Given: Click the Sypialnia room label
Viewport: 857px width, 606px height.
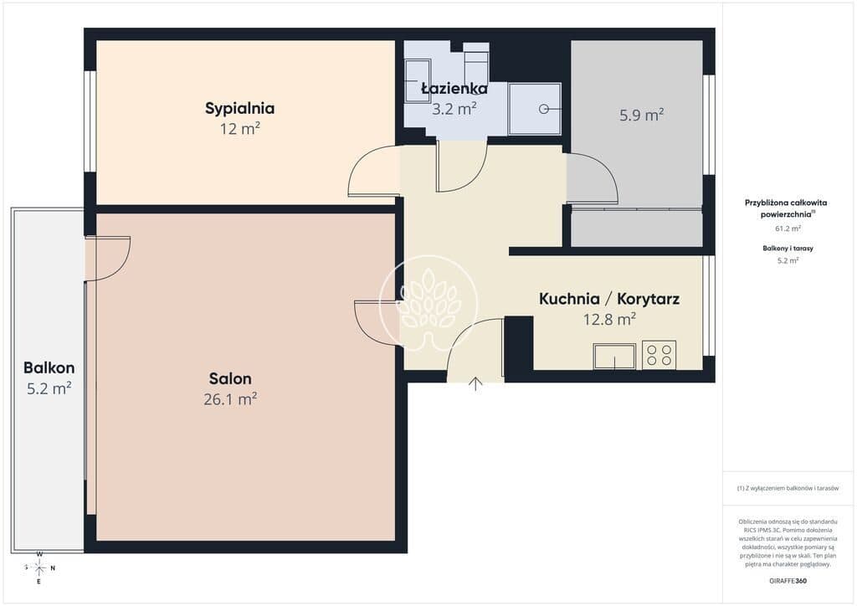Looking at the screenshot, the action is [x=239, y=108].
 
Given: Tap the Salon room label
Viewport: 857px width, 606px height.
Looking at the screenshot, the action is [x=230, y=378].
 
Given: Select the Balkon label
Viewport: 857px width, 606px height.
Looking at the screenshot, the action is [x=49, y=367].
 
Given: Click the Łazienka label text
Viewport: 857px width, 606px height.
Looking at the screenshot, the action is [x=454, y=88].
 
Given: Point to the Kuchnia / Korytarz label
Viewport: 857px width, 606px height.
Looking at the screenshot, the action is [x=609, y=299].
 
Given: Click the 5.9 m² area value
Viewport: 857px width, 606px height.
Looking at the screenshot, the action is [x=641, y=115].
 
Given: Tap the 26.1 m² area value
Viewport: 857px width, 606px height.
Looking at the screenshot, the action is [x=230, y=399].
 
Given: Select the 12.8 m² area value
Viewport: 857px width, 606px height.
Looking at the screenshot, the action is [x=609, y=319].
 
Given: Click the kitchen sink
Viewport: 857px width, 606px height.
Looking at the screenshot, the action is [x=614, y=357].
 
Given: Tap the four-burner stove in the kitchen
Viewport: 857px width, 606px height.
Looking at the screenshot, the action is [x=659, y=354].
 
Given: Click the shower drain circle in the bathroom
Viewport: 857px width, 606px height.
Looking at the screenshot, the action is [x=544, y=110].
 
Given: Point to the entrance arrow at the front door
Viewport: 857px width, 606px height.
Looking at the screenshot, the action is [x=475, y=383].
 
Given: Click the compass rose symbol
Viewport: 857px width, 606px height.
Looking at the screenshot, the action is [x=39, y=567].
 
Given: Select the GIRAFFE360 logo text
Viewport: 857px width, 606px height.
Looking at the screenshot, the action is [x=787, y=581].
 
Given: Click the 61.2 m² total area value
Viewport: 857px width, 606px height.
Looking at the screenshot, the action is [x=788, y=229].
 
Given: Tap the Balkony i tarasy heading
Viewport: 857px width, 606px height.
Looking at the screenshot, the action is [x=788, y=248].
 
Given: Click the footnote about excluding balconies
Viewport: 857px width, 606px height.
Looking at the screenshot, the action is [x=788, y=488].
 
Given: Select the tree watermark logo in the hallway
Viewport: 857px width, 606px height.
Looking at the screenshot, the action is [x=428, y=303].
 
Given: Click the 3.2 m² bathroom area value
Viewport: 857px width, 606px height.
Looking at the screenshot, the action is [x=454, y=109].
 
